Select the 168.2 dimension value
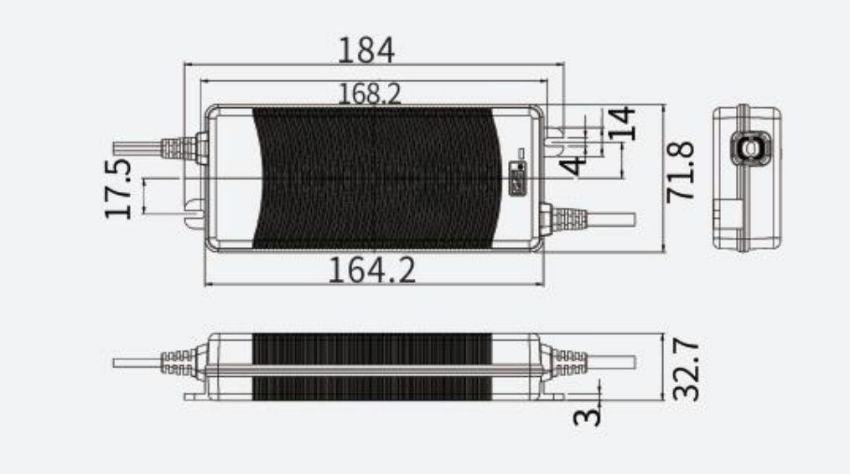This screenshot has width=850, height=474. click(x=370, y=94)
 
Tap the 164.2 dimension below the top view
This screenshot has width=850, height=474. click(x=371, y=270)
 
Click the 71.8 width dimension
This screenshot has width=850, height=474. click(x=680, y=171)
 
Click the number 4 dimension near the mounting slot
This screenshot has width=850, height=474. click(x=573, y=163)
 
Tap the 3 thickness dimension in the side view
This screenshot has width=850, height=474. click(x=589, y=413)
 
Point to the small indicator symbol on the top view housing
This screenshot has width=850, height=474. click(x=519, y=179)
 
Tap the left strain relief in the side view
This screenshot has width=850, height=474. click(x=179, y=363)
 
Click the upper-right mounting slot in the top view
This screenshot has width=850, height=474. click(x=554, y=134)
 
